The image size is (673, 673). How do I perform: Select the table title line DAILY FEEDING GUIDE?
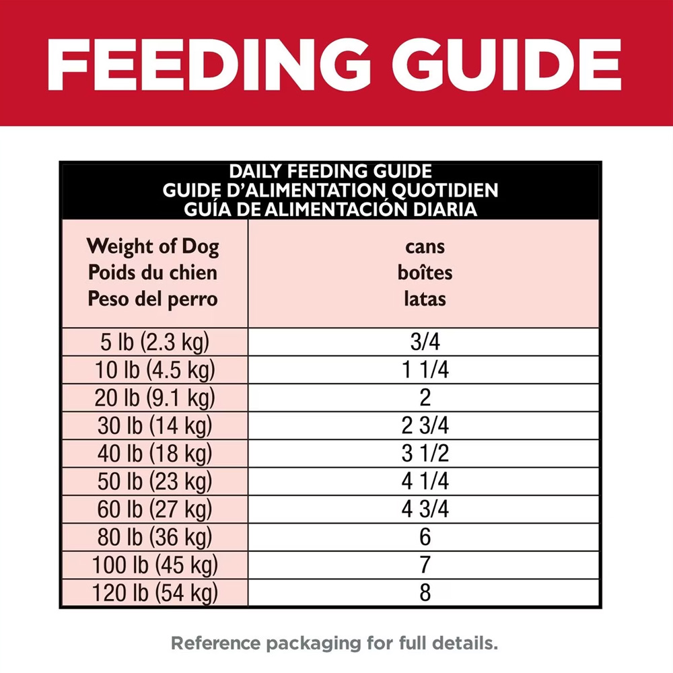click(x=330, y=172)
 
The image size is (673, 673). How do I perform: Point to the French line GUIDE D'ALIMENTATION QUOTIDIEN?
click(x=330, y=190)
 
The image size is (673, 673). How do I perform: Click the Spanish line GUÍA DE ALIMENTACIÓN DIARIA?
click(x=330, y=209)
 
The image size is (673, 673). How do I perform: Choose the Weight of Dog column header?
click(x=153, y=247)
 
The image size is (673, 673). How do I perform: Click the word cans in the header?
click(x=425, y=246)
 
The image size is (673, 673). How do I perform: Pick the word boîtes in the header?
click(x=425, y=273)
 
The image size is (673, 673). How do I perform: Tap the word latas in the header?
click(x=425, y=298)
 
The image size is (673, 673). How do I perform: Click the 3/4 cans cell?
click(x=425, y=343)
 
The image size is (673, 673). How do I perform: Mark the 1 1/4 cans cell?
click(x=425, y=370)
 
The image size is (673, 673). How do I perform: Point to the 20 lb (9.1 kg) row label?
click(x=155, y=398)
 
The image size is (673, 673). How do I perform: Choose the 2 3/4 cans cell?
click(x=425, y=426)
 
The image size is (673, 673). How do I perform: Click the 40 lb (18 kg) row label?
click(x=154, y=454)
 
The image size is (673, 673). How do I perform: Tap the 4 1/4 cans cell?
click(x=425, y=482)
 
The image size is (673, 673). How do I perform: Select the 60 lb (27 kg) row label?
click(x=154, y=509)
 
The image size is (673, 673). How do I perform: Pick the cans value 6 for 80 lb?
click(x=425, y=537)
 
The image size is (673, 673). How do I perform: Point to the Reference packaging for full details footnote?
click(x=334, y=643)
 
